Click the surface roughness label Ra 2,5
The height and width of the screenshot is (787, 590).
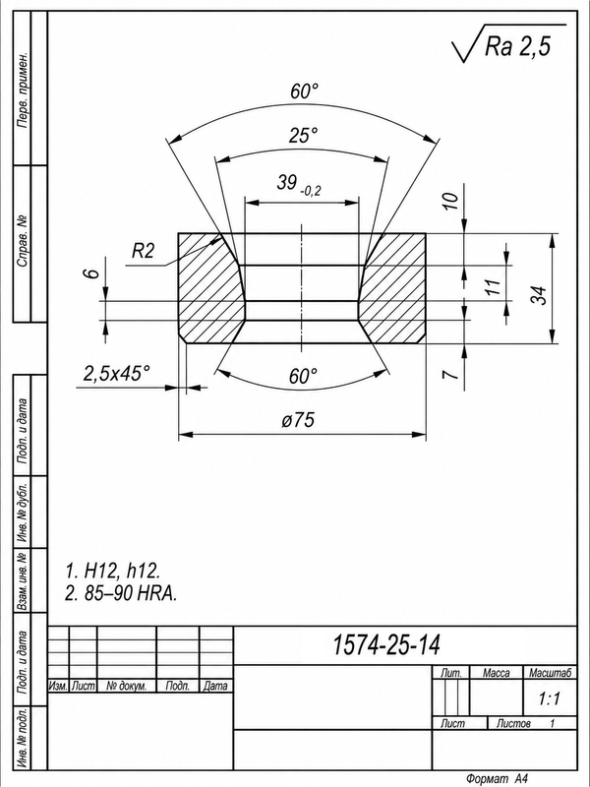[x=517, y=46]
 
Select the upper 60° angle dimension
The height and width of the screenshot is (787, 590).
[x=304, y=91]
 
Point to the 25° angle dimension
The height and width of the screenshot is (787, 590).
[x=303, y=136]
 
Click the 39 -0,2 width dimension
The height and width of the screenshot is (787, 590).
[x=299, y=184]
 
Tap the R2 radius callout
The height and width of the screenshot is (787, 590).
[x=143, y=250]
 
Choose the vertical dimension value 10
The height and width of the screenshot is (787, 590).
[x=451, y=201]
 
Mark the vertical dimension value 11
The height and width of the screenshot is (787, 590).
[x=494, y=285]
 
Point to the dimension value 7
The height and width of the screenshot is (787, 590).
[x=451, y=374]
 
